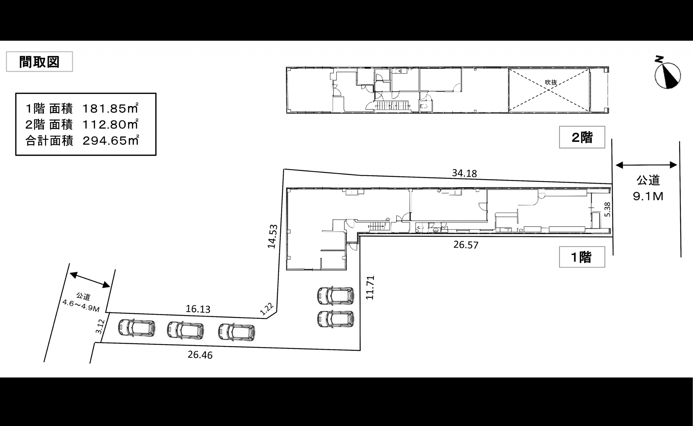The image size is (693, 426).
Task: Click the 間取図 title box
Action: [39, 62]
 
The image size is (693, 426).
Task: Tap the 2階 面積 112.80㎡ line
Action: [82, 125]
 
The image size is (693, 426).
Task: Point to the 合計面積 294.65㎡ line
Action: [82, 140]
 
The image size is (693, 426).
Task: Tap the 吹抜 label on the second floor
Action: [551, 82]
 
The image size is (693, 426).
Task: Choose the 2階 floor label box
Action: [582, 137]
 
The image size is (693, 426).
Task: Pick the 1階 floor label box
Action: [582, 257]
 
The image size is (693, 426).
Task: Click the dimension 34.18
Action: [464, 173]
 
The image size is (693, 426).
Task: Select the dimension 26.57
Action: [466, 245]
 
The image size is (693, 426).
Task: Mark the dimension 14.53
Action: [272, 236]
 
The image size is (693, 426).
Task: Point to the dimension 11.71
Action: [370, 288]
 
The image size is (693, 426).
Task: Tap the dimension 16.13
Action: [198, 309]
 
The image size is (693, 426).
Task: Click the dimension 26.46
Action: [200, 355]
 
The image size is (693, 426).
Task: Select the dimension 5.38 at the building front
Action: [607, 209]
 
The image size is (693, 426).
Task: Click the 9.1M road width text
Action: [648, 196]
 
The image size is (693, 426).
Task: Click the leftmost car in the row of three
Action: [137, 328]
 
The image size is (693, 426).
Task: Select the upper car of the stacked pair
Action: [335, 295]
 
